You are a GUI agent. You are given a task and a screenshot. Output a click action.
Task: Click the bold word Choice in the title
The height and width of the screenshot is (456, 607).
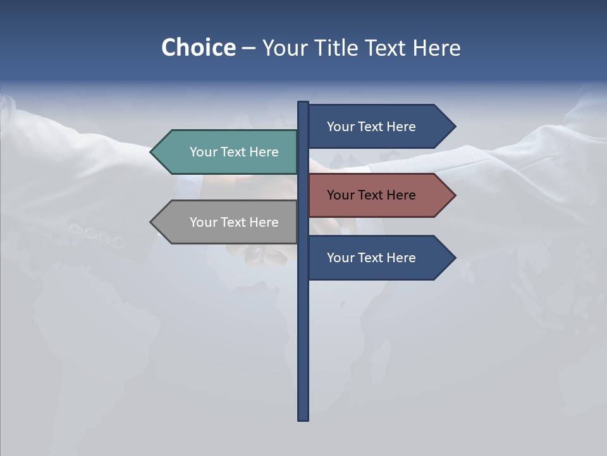[x=198, y=47]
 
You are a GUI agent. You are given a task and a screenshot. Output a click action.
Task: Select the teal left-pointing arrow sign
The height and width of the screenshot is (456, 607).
[x=228, y=152]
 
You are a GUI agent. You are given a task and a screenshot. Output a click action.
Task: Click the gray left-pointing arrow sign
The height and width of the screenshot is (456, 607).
[x=228, y=222]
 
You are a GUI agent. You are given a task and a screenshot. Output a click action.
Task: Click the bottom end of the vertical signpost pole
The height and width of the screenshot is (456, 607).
[x=303, y=417]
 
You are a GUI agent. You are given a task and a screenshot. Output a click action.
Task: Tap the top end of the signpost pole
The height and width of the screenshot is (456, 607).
[x=303, y=104]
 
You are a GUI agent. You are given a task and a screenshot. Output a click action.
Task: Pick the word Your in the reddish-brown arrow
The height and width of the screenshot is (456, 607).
[x=341, y=195]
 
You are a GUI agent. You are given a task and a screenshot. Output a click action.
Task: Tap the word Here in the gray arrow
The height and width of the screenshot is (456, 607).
[x=264, y=222]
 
